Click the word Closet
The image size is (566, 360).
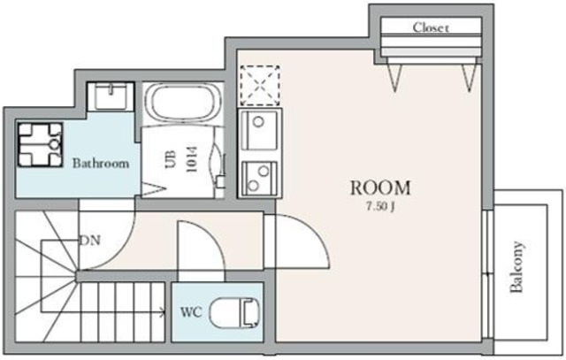click(431, 27)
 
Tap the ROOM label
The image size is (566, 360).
click(380, 188)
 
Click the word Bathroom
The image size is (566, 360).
click(101, 163)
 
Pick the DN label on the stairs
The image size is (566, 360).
click(89, 240)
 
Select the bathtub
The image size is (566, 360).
click(183, 104)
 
